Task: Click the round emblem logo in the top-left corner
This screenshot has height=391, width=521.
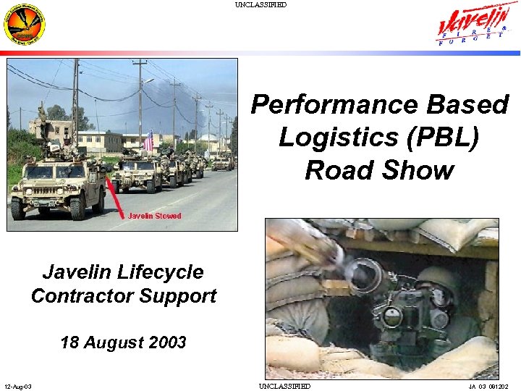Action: [x=24, y=25]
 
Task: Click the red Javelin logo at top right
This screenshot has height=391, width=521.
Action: [x=477, y=26]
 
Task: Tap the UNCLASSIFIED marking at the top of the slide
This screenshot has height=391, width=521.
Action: [x=260, y=5]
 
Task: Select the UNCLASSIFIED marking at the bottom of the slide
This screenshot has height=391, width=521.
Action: [x=284, y=386]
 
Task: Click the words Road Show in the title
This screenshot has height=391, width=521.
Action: [x=379, y=170]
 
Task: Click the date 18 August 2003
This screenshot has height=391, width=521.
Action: [x=123, y=342]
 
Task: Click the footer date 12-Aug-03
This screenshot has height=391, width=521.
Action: [x=17, y=386]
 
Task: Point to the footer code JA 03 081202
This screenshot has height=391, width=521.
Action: [x=489, y=386]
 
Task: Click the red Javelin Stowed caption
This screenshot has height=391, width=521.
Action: [x=154, y=216]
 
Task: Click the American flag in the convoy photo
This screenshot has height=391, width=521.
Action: [x=148, y=140]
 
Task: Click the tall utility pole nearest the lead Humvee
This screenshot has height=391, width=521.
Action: [x=75, y=101]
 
